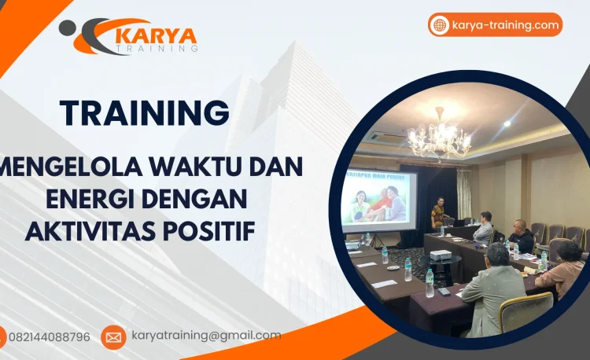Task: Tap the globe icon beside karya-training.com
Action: click(x=440, y=25)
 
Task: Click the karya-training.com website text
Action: click(x=505, y=25)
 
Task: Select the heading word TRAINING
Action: click(x=145, y=112)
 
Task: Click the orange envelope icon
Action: click(x=113, y=337)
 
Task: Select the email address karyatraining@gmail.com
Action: click(x=206, y=336)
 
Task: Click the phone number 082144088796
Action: click(x=49, y=337)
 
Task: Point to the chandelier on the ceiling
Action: click(x=439, y=138)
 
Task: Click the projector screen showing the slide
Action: click(x=379, y=200)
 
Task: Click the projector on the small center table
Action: click(x=441, y=255)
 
